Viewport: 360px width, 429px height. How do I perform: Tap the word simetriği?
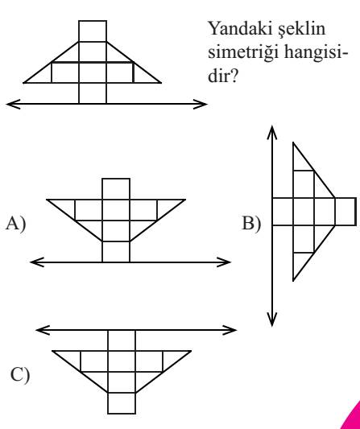[x=243, y=53]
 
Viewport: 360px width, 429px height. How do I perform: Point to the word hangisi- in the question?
[x=316, y=53]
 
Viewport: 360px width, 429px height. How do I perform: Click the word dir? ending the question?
[x=222, y=75]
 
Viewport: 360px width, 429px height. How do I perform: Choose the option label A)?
[x=16, y=224]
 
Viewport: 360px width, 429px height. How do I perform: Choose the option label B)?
[x=251, y=224]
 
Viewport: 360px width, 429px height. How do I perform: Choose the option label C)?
[x=20, y=375]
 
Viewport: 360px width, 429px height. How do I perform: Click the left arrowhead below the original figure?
[x=12, y=105]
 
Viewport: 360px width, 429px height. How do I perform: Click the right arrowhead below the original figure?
[x=201, y=105]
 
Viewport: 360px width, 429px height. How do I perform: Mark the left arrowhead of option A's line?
[x=36, y=262]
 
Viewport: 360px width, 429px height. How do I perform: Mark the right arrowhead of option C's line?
[x=230, y=330]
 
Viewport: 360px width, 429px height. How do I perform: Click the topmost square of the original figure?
[x=93, y=31]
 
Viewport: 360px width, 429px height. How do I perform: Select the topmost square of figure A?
[x=116, y=189]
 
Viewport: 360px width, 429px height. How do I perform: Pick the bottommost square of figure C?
[x=122, y=403]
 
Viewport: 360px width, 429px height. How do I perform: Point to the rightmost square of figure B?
[x=346, y=212]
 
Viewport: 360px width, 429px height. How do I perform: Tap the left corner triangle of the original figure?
[x=43, y=76]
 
